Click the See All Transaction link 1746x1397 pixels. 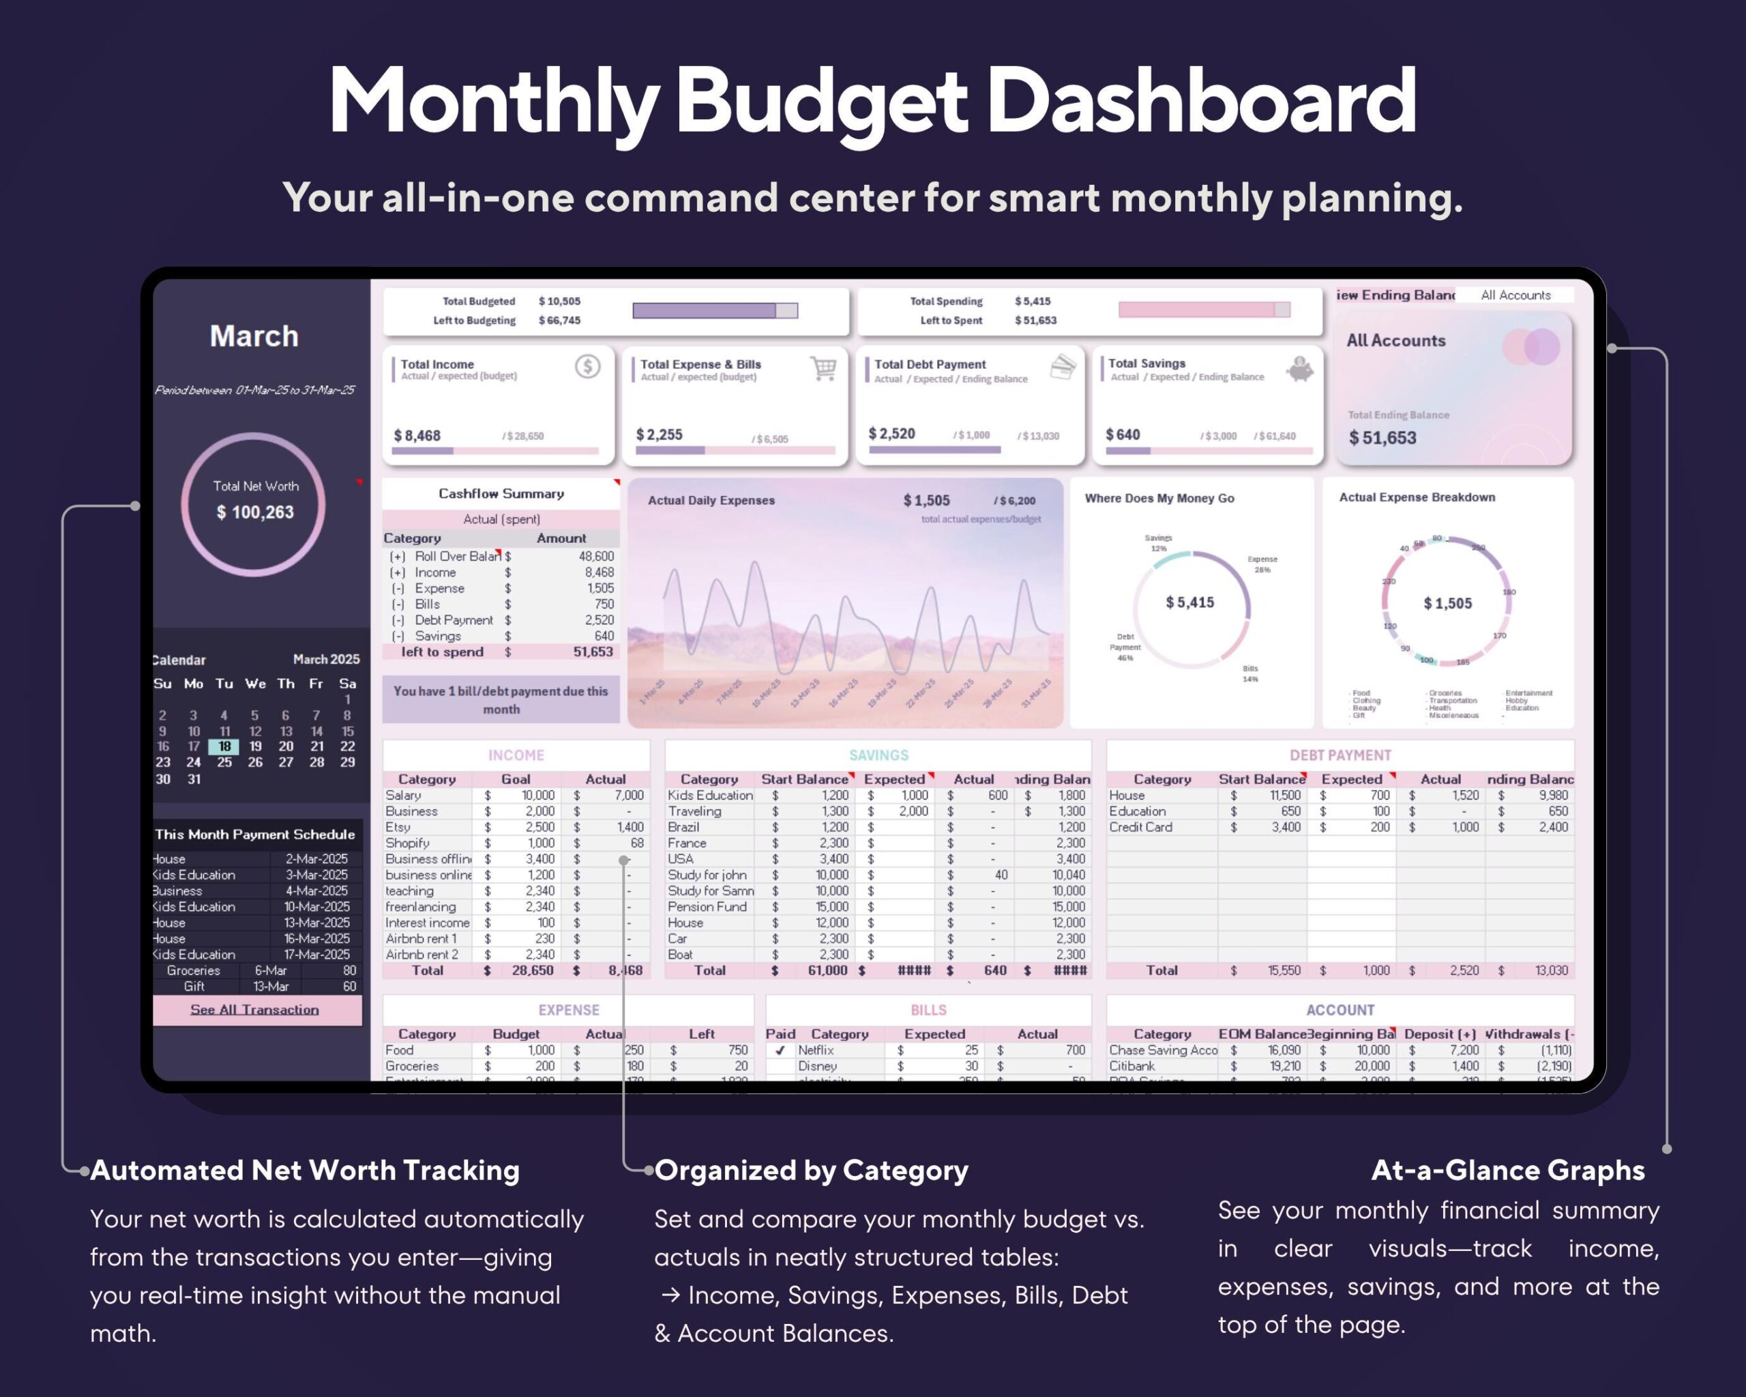[254, 1009]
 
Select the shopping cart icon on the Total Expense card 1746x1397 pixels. [824, 368]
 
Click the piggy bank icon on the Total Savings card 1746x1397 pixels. [1300, 369]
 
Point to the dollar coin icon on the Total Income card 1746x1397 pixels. [587, 367]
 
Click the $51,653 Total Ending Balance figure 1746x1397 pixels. [1382, 438]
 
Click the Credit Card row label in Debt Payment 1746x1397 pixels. [1140, 827]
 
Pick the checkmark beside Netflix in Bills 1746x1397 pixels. [780, 1050]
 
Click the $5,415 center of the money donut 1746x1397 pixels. [1189, 602]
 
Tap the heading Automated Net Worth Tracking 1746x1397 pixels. [304, 1171]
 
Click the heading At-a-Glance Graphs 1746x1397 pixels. [1507, 1171]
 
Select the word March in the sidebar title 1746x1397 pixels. [254, 336]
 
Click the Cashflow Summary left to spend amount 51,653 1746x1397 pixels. [593, 652]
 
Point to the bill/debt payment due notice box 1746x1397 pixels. [501, 700]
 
